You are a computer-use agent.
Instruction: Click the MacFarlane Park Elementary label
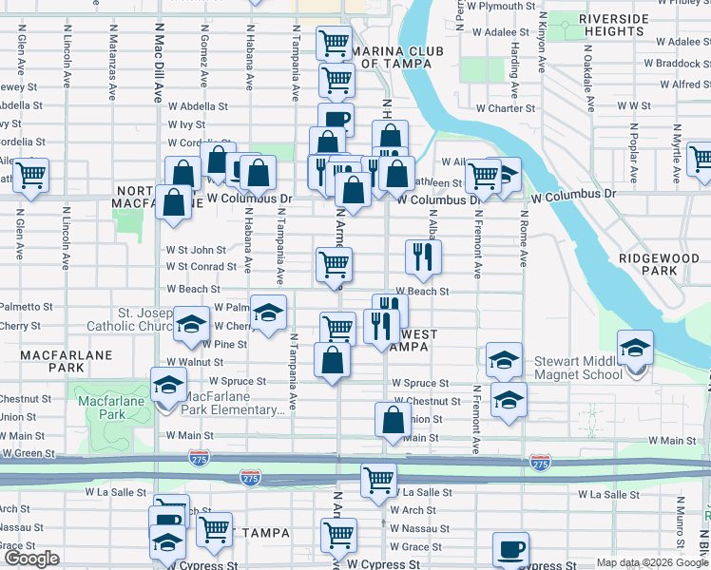point(232,403)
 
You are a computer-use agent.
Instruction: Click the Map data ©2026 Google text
point(651,562)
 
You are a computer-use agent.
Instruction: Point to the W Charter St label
point(506,108)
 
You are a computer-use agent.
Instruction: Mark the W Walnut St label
point(194,362)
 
